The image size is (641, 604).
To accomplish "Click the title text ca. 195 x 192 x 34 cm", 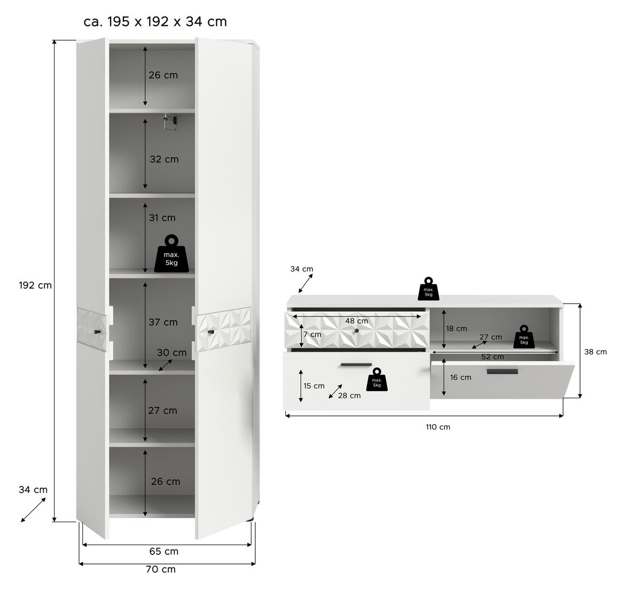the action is (155, 21).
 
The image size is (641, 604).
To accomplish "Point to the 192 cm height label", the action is (35, 285).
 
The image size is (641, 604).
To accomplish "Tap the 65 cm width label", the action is (163, 551).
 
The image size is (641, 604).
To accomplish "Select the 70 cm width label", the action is (161, 569).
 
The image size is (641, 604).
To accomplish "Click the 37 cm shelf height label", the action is (163, 322).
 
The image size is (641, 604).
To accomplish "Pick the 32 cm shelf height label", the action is (164, 159).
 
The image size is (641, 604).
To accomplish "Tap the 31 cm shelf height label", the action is (162, 218).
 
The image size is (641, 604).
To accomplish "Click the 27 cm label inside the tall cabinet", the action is (162, 411).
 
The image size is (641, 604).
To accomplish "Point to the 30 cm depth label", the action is (171, 352).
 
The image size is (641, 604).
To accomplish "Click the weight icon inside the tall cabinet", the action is (171, 253).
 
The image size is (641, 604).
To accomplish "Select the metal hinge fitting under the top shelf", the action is (170, 122).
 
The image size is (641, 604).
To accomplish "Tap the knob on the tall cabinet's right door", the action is (212, 332).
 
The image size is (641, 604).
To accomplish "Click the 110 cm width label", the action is (437, 427).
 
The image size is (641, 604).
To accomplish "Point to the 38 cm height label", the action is (596, 352).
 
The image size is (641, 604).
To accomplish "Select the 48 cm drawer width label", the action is (356, 321).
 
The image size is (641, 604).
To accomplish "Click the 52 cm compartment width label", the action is (493, 357).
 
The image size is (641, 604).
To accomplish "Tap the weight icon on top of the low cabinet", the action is (428, 289).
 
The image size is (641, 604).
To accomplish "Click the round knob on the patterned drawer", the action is (357, 330).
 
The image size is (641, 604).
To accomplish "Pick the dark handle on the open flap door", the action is (502, 371).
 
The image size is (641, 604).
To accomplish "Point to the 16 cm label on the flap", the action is (460, 377).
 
